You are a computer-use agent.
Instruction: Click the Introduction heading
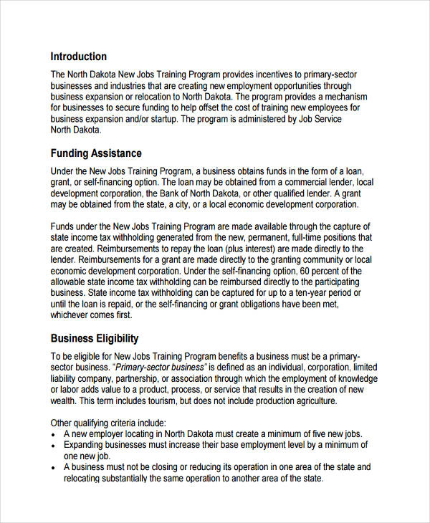click(78, 57)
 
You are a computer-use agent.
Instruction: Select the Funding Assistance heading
click(96, 153)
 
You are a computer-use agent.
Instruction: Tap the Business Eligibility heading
click(95, 338)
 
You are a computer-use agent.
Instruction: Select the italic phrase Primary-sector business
click(159, 368)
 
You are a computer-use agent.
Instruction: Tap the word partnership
click(142, 379)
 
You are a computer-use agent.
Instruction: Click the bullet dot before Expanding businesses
click(54, 445)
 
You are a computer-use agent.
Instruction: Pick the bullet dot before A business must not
click(54, 467)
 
